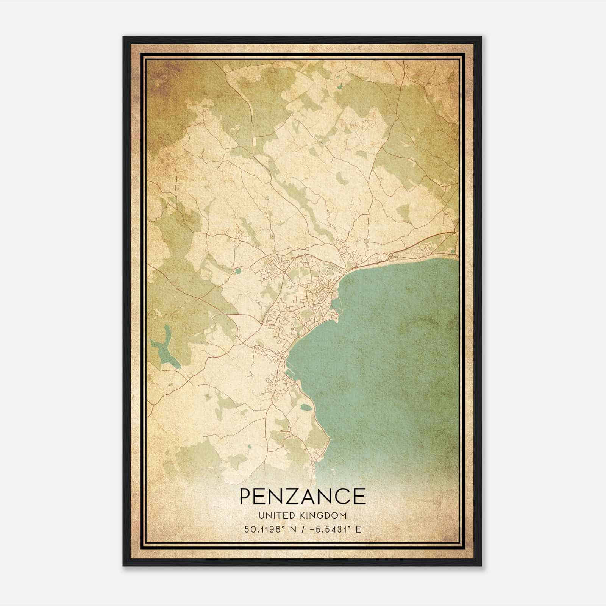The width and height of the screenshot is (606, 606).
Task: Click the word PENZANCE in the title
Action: click(303, 496)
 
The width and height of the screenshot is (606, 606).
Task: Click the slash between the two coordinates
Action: click(301, 529)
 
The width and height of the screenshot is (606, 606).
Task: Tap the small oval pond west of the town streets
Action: click(238, 271)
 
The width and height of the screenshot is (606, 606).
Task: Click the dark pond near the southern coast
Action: click(305, 408)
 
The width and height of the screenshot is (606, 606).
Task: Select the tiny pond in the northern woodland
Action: click(339, 86)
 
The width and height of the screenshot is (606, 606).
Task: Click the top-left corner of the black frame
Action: click(124, 37)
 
